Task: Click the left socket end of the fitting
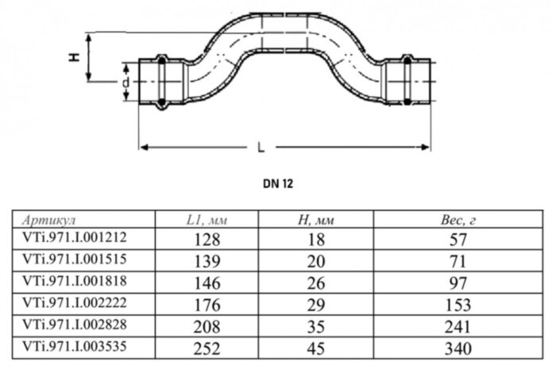(x=161, y=80)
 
